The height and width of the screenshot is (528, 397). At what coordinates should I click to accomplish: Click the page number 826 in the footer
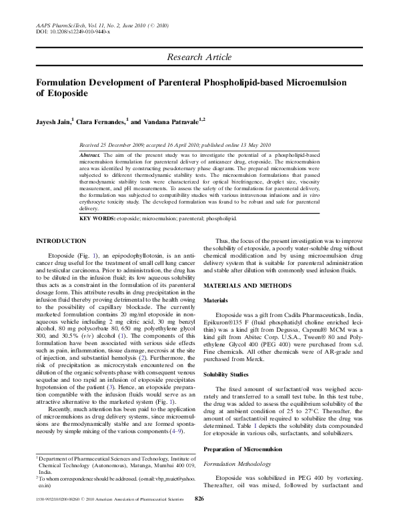198,517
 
